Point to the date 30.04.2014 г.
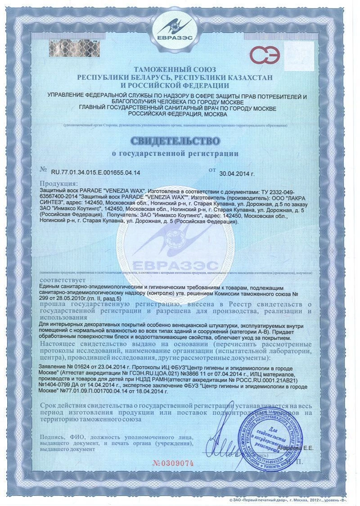pos(237,173)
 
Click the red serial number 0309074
pos(173,463)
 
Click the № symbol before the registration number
pos(43,171)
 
